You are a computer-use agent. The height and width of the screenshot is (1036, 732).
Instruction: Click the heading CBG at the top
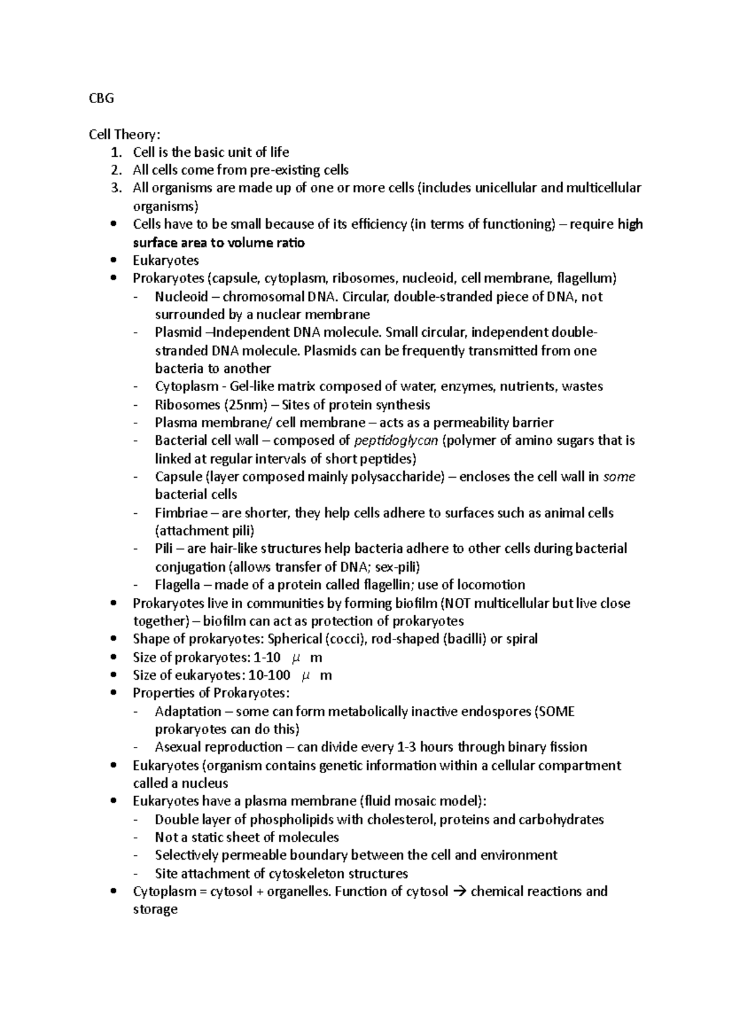(101, 98)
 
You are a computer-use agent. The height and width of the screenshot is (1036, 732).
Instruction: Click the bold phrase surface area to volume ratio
(218, 243)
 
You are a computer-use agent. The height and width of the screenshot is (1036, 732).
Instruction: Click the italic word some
(619, 477)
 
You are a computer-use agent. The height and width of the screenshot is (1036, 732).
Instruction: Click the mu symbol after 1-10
(296, 658)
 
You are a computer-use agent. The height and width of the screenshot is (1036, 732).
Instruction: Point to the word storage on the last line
(155, 910)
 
